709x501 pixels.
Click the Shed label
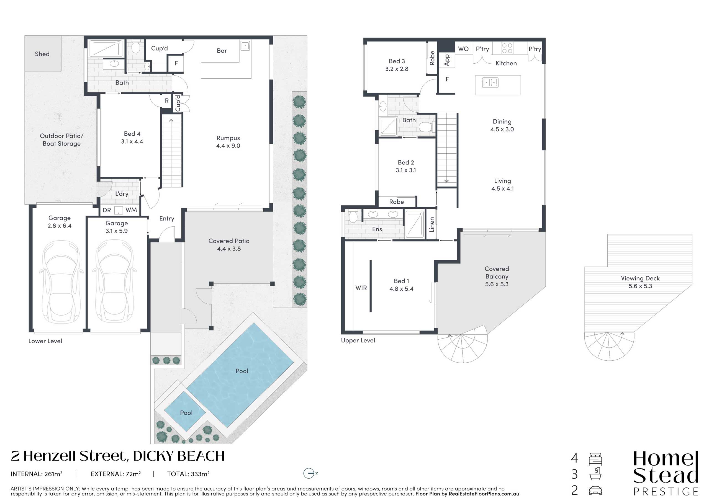pyautogui.click(x=42, y=54)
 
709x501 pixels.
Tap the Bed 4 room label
pyautogui.click(x=132, y=134)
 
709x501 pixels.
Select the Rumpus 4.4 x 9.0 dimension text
pyautogui.click(x=228, y=146)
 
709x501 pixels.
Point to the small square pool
pyautogui.click(x=185, y=411)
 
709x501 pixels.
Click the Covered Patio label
pyautogui.click(x=229, y=241)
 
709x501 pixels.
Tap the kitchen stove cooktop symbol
pyautogui.click(x=507, y=48)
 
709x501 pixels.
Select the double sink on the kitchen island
pyautogui.click(x=490, y=83)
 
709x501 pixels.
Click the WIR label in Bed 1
pyautogui.click(x=361, y=288)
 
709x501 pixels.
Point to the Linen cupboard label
pyautogui.click(x=432, y=224)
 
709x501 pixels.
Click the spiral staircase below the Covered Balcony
pyautogui.click(x=462, y=348)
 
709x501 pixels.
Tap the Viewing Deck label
pyautogui.click(x=640, y=278)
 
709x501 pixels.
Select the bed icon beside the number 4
pyautogui.click(x=595, y=459)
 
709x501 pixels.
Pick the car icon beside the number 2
pyautogui.click(x=595, y=490)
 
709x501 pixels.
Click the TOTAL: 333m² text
pyautogui.click(x=188, y=474)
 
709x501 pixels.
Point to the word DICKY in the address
pyautogui.click(x=153, y=456)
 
